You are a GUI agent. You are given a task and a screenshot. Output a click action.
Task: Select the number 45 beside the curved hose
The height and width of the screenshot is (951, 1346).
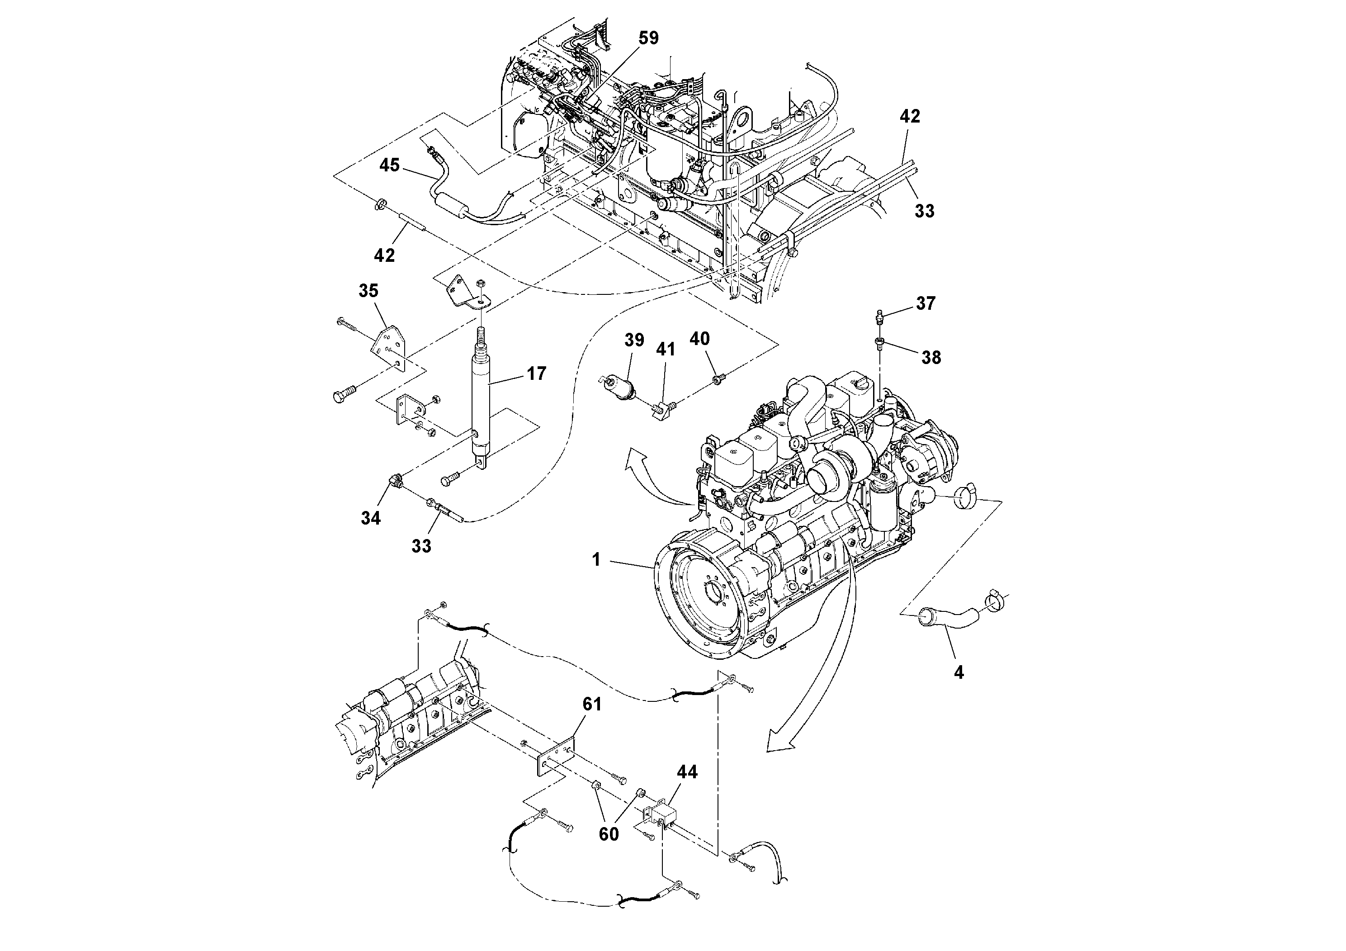pos(389,166)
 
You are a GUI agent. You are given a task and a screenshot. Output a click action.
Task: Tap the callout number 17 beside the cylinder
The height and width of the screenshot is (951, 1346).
pos(536,374)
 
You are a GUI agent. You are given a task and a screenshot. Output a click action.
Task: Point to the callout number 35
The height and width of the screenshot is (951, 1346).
pos(368,291)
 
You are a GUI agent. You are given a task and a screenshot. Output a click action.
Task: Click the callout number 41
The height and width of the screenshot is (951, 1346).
pos(666,350)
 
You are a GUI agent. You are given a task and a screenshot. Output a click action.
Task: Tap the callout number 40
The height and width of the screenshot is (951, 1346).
pos(699,339)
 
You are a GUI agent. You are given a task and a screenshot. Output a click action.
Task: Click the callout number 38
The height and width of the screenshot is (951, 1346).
pos(931,358)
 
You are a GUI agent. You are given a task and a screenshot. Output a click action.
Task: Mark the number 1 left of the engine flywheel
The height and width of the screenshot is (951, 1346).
pos(596,560)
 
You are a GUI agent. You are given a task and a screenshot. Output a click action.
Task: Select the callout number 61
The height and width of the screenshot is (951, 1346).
pos(592,704)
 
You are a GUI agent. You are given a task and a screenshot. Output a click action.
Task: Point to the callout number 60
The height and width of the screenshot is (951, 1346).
pos(609,834)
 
